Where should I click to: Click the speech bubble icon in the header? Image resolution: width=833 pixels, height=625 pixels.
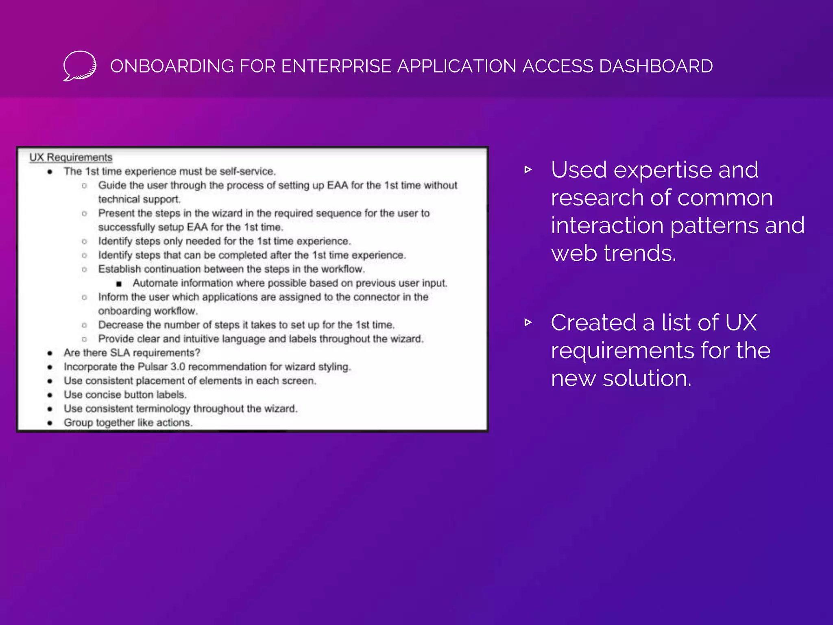(80, 66)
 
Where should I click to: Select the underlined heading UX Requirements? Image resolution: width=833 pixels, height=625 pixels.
(71, 157)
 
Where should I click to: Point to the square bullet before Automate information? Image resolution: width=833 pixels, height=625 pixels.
(119, 284)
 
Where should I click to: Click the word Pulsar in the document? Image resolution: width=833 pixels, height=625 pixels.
(152, 367)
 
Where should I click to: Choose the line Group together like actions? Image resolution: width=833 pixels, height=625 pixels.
(128, 422)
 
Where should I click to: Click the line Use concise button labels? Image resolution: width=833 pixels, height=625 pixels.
(125, 395)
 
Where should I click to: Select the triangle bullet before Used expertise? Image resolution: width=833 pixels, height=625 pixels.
(528, 170)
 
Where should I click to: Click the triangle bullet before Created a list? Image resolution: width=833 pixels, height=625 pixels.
(528, 323)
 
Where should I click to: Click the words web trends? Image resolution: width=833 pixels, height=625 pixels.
(613, 253)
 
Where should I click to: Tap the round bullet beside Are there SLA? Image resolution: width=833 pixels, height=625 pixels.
(50, 353)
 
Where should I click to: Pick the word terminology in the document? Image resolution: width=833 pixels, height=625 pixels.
(163, 409)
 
